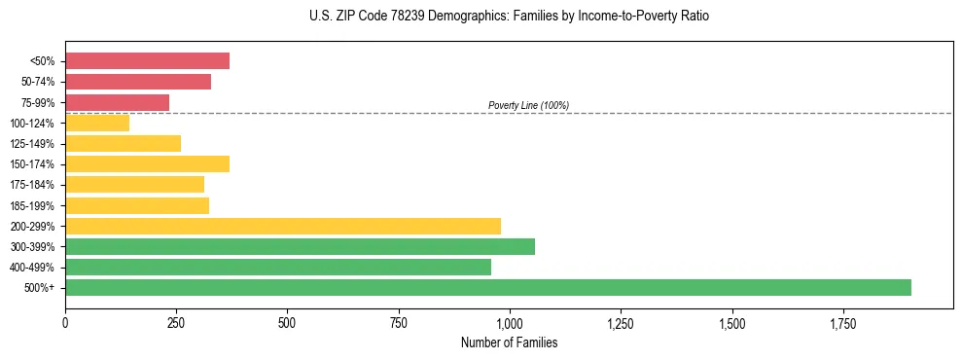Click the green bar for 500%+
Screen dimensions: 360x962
pos(487,287)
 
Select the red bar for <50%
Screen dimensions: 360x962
pos(147,60)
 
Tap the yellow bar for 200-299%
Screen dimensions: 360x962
pos(282,226)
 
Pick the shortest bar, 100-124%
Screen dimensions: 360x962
pos(97,123)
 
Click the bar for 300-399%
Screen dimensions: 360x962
pos(300,246)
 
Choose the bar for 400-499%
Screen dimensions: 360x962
pos(277,267)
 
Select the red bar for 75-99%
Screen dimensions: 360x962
pos(117,102)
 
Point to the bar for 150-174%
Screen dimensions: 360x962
pos(147,163)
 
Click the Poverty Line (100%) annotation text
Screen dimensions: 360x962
pos(528,105)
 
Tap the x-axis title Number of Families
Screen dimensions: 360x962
pos(509,342)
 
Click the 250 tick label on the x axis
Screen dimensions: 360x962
pos(176,323)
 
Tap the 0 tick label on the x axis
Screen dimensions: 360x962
pos(65,323)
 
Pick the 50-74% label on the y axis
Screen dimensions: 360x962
pos(37,82)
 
